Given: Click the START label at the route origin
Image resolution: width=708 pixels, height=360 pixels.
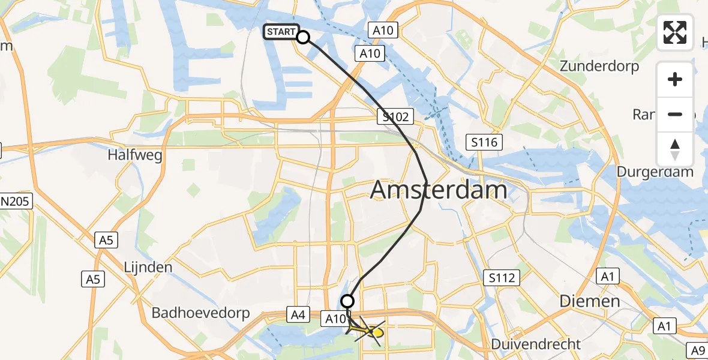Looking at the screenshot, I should pos(280,32).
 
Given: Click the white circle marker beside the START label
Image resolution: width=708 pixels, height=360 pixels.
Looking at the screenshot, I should pos(303,37).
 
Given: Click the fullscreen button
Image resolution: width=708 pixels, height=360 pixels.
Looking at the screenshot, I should pos(675,32).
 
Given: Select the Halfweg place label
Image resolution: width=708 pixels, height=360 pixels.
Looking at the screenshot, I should pos(135,154).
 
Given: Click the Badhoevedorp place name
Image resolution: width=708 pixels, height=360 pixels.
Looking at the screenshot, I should pos(197,313).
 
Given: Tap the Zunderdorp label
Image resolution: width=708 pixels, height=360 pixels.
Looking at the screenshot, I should pos(599,66).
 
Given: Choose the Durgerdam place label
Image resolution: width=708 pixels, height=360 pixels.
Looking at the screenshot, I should pos(655,172).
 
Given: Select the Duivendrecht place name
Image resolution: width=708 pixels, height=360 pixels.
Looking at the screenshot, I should pos(536,344).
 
